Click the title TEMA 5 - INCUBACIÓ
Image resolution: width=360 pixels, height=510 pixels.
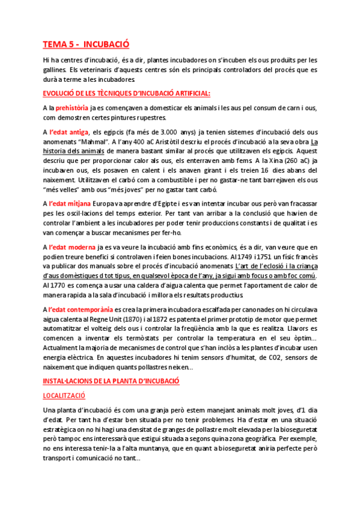[85, 44]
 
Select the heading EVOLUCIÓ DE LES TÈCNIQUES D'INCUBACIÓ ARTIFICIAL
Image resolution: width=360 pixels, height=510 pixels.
[126, 93]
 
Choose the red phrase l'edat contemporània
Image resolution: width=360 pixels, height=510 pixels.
[81, 309]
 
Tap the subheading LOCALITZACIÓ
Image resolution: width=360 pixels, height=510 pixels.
[64, 396]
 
